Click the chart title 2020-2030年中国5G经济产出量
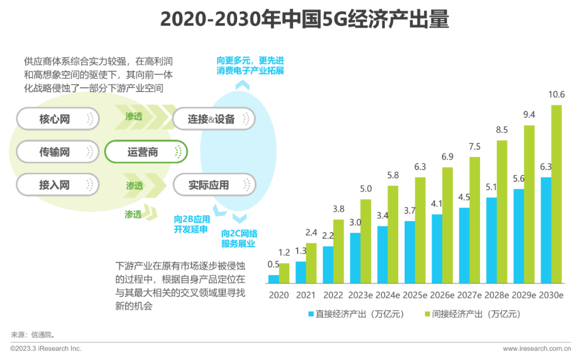tap(304, 20)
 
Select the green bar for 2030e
tap(557, 194)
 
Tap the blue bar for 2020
tap(273, 279)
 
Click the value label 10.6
tap(557, 95)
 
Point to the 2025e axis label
tap(415, 295)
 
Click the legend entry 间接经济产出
tap(471, 314)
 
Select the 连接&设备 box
tap(214, 119)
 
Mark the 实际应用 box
tap(214, 186)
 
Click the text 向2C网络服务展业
tap(239, 239)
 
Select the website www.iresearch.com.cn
tap(536, 349)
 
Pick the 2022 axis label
tap(333, 295)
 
